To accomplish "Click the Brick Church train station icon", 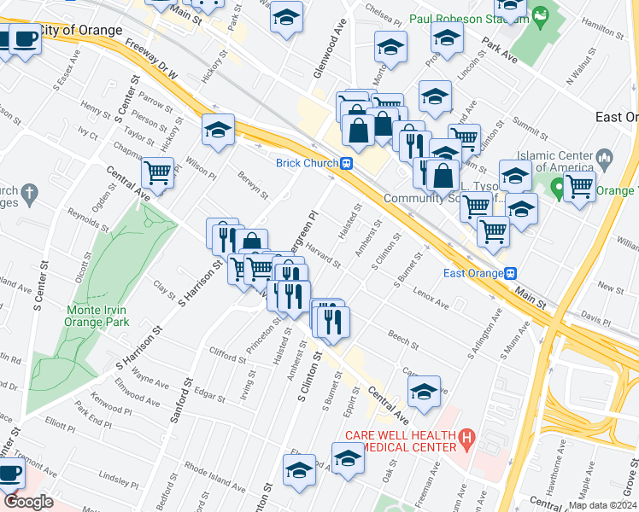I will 347,164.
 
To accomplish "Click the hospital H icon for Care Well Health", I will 466,440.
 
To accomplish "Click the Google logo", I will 29,503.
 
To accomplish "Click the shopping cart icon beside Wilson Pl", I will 157,172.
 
